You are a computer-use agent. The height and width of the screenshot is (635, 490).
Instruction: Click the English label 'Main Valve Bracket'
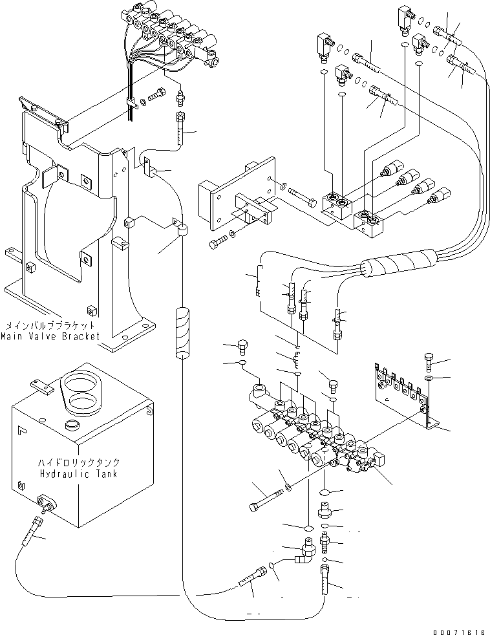pyautogui.click(x=50, y=336)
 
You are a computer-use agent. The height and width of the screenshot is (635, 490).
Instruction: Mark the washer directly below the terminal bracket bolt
pyautogui.click(x=430, y=377)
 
